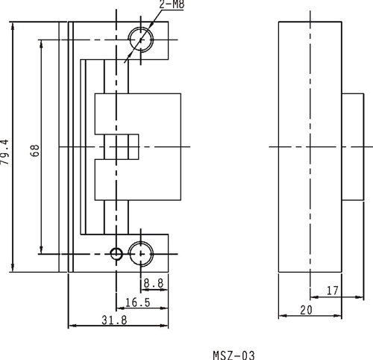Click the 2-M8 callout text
tap(172, 4)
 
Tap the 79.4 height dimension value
tap(5, 152)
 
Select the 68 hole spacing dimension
tap(35, 150)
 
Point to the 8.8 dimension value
tap(154, 283)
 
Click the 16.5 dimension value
tap(138, 302)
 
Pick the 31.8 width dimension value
tap(114, 320)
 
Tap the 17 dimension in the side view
tap(333, 291)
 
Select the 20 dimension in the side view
tap(306, 310)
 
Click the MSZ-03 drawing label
tap(233, 356)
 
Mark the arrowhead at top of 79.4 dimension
tap(13, 25)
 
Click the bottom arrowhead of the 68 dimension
tap(41, 250)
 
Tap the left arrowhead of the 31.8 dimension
tap(72, 326)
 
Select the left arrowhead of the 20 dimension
tap(283, 316)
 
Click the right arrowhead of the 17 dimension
tap(360, 297)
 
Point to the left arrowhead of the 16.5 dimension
tap(120, 308)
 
